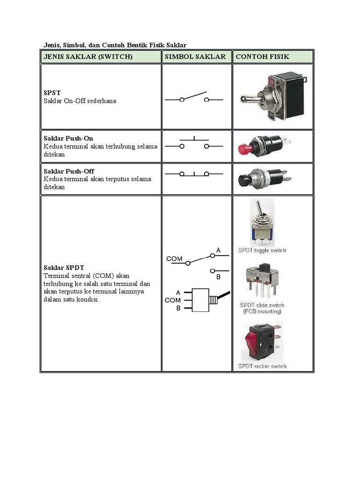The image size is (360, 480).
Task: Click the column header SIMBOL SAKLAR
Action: click(x=195, y=57)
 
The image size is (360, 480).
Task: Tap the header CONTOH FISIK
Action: click(x=262, y=57)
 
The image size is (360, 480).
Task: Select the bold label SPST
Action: click(x=52, y=93)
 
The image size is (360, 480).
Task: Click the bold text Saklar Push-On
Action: click(x=68, y=138)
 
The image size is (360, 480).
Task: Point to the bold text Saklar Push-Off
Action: click(x=69, y=171)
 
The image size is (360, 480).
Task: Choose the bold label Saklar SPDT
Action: click(x=64, y=268)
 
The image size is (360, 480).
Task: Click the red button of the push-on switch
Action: click(x=246, y=149)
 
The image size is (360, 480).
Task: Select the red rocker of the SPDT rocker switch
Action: click(x=252, y=341)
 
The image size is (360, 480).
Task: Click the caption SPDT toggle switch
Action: click(x=262, y=250)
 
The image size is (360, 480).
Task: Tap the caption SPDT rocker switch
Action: click(x=262, y=366)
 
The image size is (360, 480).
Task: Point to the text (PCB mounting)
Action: click(x=262, y=311)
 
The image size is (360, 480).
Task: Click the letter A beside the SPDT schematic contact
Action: click(x=218, y=250)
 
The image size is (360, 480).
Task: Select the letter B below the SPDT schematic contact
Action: click(x=218, y=277)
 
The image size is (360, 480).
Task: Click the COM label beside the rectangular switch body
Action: click(x=172, y=300)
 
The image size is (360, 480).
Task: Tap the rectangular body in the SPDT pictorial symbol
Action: click(x=201, y=300)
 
